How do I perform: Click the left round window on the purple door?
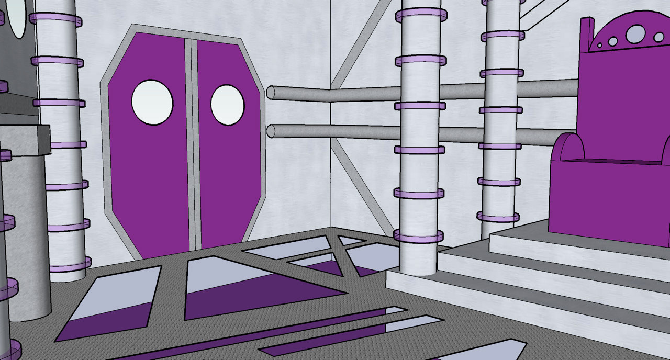152,102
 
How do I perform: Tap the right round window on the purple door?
227,105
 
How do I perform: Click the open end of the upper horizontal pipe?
271,93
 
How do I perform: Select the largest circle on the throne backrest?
635,34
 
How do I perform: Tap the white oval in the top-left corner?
18,18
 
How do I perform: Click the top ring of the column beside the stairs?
421,15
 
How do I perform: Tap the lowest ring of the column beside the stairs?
418,237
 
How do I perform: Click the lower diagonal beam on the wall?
361,188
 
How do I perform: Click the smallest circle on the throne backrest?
599,46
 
